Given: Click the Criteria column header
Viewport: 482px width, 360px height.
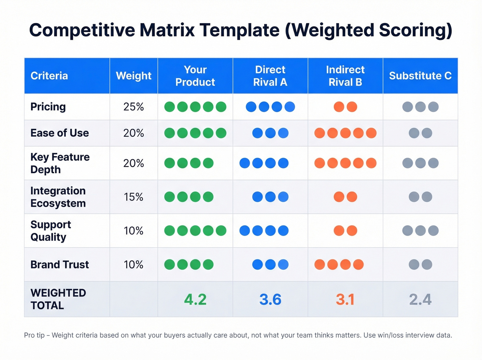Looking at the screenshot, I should pos(49,76).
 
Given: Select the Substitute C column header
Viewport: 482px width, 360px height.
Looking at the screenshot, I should pos(420,76).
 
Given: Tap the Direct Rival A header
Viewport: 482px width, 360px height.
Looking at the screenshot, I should pos(270,76).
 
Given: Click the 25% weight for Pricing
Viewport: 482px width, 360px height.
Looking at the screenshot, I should pos(134,107).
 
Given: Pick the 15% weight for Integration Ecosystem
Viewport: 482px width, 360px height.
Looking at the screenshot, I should pos(134,197).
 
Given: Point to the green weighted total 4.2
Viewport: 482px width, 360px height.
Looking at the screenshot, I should pos(195,299).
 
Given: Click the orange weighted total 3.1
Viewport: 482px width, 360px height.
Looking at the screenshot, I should pos(345,299).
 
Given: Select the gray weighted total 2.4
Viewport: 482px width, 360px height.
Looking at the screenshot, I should pos(420,299).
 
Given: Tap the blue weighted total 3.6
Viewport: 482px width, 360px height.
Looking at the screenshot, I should pos(270,299).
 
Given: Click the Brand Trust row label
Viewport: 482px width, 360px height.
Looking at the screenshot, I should pos(60,265).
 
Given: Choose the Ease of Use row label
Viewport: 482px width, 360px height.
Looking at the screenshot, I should pos(60,133).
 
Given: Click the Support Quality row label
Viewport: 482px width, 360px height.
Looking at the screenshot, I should pos(51,231).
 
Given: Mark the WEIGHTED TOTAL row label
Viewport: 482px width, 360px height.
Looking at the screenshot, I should pos(58,299).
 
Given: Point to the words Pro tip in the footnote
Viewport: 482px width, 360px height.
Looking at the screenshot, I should pos(34,335).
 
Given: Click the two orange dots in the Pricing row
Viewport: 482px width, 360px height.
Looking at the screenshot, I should pos(345,107).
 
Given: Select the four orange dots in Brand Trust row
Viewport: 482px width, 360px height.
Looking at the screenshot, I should pos(339,265).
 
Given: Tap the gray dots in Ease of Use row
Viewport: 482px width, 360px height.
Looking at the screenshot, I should pos(420,133).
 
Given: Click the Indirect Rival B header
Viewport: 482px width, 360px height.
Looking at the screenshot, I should pos(345,76).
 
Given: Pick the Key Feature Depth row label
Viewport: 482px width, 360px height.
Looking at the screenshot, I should pos(60,163).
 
